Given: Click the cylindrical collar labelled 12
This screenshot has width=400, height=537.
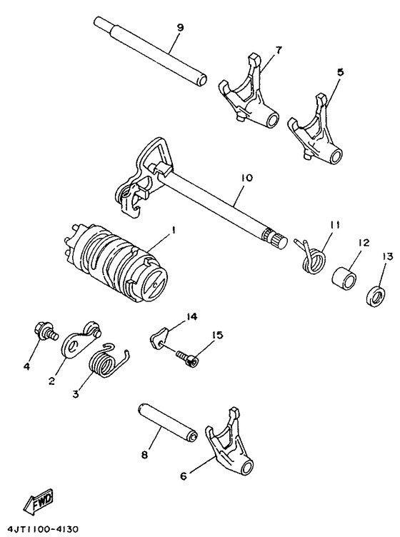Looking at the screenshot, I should click(x=346, y=274).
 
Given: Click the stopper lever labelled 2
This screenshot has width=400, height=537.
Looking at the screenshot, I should click(x=80, y=339).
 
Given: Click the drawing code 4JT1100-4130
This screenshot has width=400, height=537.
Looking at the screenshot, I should click(x=41, y=529).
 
